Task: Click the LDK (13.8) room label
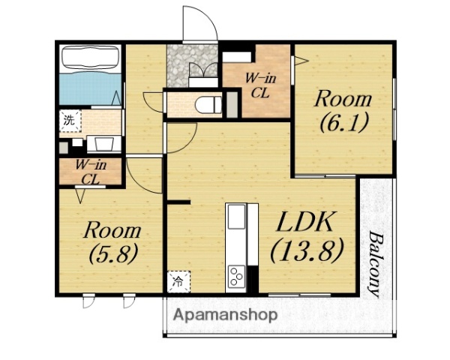pyautogui.click(x=306, y=238)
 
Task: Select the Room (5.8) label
pyautogui.click(x=112, y=242)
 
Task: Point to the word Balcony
pyautogui.click(x=375, y=265)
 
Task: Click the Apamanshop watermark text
pyautogui.click(x=225, y=315)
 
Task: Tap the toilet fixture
pyautogui.click(x=208, y=105)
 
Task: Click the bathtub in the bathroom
pyautogui.click(x=91, y=58)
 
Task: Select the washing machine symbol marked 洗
pyautogui.click(x=70, y=121)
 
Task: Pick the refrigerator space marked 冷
pyautogui.click(x=178, y=282)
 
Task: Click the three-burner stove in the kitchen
pyautogui.click(x=237, y=276)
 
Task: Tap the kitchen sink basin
pyautogui.click(x=237, y=217)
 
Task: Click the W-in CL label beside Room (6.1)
pyautogui.click(x=259, y=85)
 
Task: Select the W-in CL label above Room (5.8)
pyautogui.click(x=91, y=172)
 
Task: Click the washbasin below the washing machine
pyautogui.click(x=103, y=144)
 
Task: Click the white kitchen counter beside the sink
pyautogui.click(x=253, y=234)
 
